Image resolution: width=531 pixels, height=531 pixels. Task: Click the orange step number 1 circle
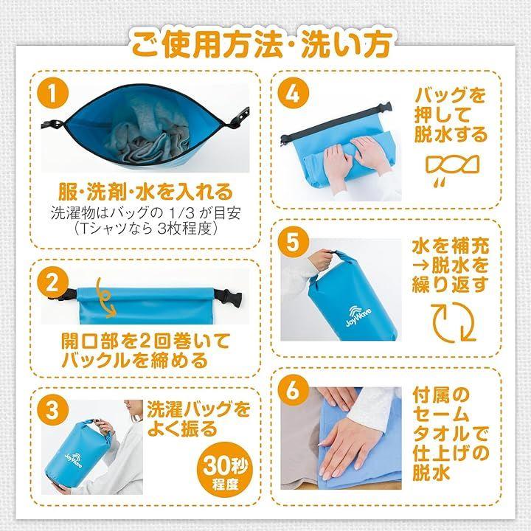pyautogui.click(x=53, y=94)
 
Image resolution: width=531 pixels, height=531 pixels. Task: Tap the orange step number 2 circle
pyautogui.click(x=53, y=283)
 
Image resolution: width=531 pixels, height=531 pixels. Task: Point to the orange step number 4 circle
pyautogui.click(x=294, y=94)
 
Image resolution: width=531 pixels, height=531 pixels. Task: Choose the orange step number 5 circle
pyautogui.click(x=294, y=242)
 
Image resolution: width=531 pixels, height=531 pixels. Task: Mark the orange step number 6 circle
pyautogui.click(x=294, y=390)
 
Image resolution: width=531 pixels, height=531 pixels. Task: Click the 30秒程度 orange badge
pyautogui.click(x=225, y=469)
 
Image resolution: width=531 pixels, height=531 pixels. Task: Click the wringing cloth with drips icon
pyautogui.click(x=452, y=170)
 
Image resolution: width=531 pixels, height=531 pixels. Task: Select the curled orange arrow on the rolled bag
pyautogui.click(x=105, y=298)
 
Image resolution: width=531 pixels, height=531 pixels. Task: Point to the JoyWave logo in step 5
pyautogui.click(x=358, y=316)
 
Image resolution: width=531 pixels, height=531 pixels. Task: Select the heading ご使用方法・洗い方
pyautogui.click(x=262, y=44)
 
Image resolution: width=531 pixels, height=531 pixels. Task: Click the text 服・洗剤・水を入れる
pyautogui.click(x=146, y=192)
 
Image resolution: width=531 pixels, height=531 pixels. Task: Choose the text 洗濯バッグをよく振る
pyautogui.click(x=199, y=419)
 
